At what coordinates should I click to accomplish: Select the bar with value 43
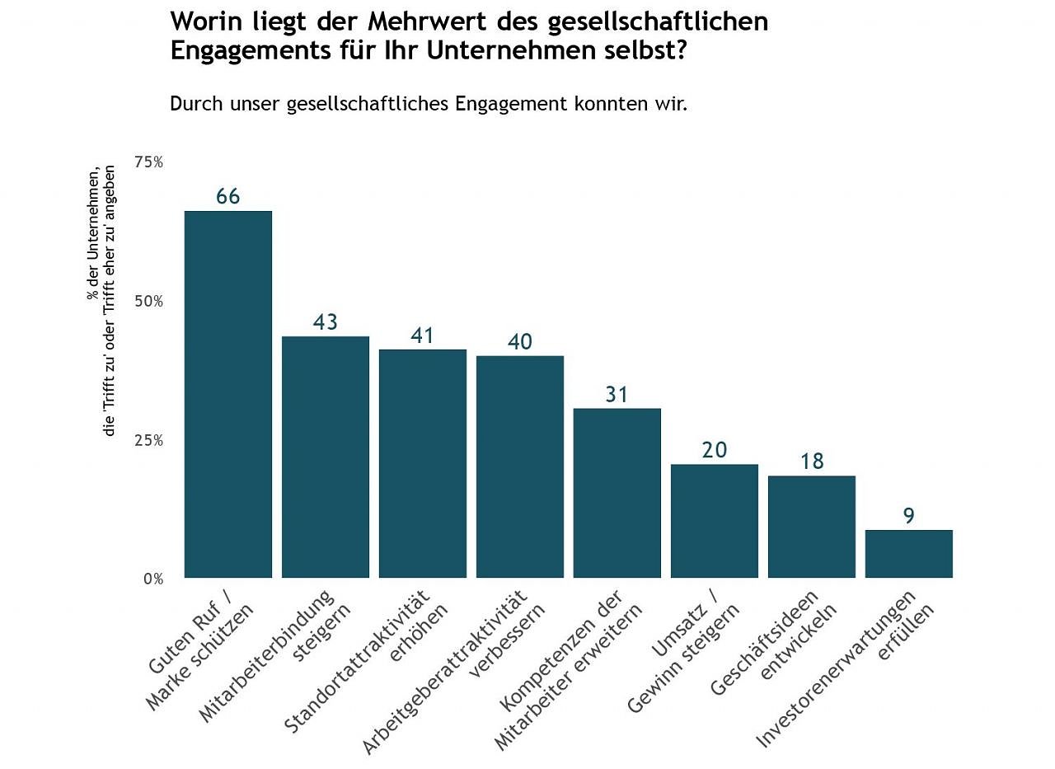(325, 457)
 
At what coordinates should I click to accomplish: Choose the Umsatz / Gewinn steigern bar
(714, 521)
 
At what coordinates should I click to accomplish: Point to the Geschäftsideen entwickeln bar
(811, 527)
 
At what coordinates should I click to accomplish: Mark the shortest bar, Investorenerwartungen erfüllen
(908, 554)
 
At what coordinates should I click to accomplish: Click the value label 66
(227, 197)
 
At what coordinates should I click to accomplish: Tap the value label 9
(908, 516)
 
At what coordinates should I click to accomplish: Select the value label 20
(714, 450)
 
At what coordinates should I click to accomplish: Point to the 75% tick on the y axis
(148, 162)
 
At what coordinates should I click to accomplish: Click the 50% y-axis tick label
(148, 302)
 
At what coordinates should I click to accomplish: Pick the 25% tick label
(148, 440)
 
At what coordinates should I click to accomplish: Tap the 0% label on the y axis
(152, 579)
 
